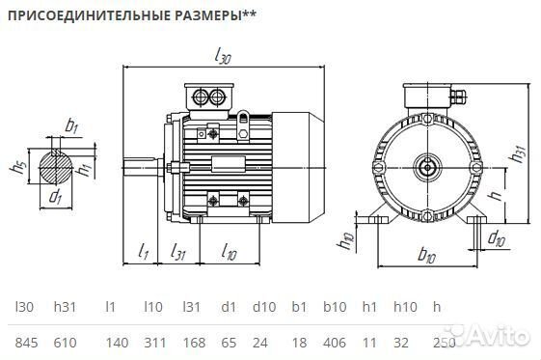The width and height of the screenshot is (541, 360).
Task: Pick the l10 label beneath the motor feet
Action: pos(229,252)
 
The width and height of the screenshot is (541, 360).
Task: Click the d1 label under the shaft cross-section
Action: pos(55,198)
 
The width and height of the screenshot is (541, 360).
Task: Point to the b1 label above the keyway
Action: pos(71,125)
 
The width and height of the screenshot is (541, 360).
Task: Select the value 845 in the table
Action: pos(26,342)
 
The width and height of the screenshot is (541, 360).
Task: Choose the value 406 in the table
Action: pos(333,342)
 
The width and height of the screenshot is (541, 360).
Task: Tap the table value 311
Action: pos(153,342)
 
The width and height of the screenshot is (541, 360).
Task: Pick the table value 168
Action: pos(194,342)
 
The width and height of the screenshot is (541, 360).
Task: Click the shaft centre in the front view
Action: pos(426,166)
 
